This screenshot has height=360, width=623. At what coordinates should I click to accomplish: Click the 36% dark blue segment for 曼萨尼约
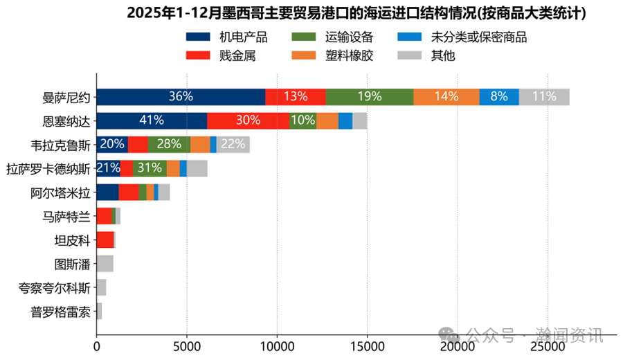coord(181,97)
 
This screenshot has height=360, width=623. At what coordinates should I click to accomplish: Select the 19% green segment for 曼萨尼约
coord(370,97)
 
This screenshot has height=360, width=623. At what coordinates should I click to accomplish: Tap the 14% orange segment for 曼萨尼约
coord(446,97)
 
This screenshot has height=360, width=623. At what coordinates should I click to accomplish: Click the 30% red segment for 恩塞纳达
coord(248,120)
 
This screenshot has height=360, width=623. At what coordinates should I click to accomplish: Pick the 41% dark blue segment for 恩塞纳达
coord(152,120)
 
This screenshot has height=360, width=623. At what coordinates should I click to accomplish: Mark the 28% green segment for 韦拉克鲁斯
coord(169,144)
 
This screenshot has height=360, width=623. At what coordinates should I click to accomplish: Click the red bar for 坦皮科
coord(105,240)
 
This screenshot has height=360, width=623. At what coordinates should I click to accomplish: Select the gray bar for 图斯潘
coord(105,263)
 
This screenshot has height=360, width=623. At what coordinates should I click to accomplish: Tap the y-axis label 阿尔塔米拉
coord(61,192)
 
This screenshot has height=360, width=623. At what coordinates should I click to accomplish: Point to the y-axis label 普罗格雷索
coord(61,311)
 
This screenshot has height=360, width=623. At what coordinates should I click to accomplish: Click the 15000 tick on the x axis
coord(367,341)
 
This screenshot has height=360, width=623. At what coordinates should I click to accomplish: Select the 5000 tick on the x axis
coord(187,341)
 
